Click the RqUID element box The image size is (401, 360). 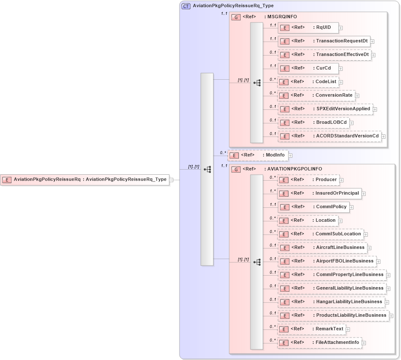pyautogui.click(x=308, y=28)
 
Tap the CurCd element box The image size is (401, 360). pyautogui.click(x=308, y=68)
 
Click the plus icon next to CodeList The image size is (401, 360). pyautogui.click(x=341, y=82)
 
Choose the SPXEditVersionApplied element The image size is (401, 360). pyautogui.click(x=325, y=109)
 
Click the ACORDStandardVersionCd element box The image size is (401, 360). pyautogui.click(x=329, y=136)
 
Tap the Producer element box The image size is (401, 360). pyautogui.click(x=308, y=180)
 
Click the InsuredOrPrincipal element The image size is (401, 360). pyautogui.click(x=319, y=193)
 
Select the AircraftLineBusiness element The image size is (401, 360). pyautogui.click(x=322, y=248)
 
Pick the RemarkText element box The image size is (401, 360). pyautogui.click(x=311, y=329)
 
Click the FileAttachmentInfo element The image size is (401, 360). pyautogui.click(x=319, y=343)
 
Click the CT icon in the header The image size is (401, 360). pyautogui.click(x=186, y=6)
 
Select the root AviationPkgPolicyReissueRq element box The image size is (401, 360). pyautogui.click(x=84, y=180)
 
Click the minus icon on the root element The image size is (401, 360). pyautogui.click(x=171, y=180)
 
